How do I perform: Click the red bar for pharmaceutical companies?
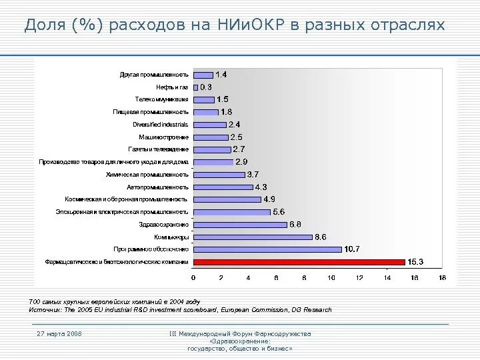(x=299, y=262)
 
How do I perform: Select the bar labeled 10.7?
(x=267, y=249)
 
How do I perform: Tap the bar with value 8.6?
(x=253, y=237)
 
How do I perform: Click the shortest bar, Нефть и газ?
(x=195, y=87)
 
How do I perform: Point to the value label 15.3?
(x=416, y=262)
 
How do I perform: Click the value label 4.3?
(x=261, y=187)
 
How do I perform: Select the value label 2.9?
(x=241, y=162)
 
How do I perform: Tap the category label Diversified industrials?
(x=161, y=125)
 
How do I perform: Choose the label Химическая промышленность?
(x=147, y=174)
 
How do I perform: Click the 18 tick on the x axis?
(x=442, y=277)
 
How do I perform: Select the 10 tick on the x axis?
(x=331, y=277)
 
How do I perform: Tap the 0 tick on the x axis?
(x=193, y=277)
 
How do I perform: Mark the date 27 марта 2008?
(x=59, y=333)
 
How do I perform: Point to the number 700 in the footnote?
(x=35, y=302)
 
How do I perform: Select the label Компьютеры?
(x=171, y=237)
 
